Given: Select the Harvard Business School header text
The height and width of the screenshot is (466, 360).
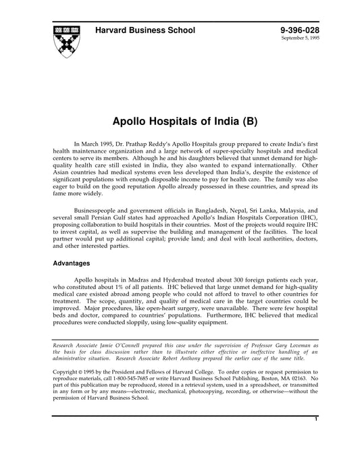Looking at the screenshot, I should click(x=145, y=30).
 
